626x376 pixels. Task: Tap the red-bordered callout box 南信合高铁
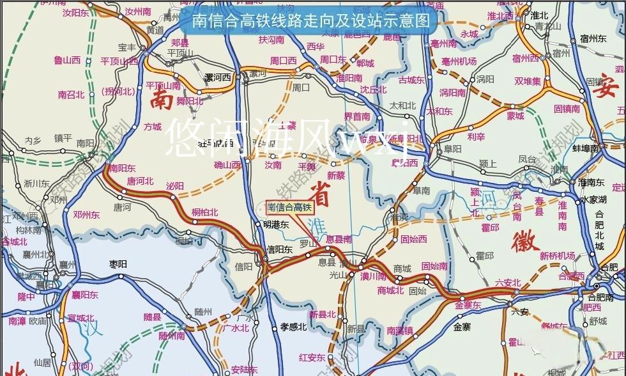pyautogui.click(x=289, y=207)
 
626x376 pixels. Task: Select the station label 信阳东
pyautogui.click(x=279, y=250)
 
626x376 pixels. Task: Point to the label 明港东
pyautogui.click(x=276, y=224)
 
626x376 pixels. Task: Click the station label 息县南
pyautogui.click(x=339, y=239)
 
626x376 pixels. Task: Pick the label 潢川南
pyautogui.click(x=373, y=277)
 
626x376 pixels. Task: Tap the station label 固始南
pyautogui.click(x=434, y=266)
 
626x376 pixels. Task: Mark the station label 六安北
pyautogui.click(x=508, y=283)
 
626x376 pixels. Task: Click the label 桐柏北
pyautogui.click(x=204, y=212)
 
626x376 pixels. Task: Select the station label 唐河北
pyautogui.click(x=140, y=181)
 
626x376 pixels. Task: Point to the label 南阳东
pyautogui.click(x=122, y=168)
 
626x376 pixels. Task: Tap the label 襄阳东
pyautogui.click(x=84, y=295)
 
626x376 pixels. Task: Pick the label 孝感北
pyautogui.click(x=293, y=327)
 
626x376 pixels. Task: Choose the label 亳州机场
pyautogui.click(x=459, y=61)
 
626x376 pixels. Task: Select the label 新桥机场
pyautogui.click(x=557, y=256)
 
